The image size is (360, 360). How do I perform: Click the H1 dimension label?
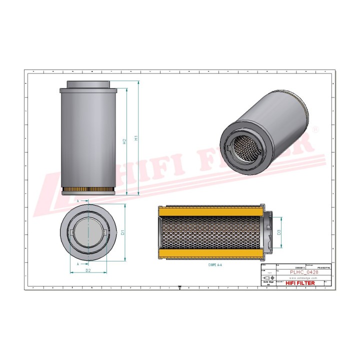tap(135, 138)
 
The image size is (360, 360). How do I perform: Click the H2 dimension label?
tap(124, 141)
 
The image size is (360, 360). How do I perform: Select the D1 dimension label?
tap(122, 232)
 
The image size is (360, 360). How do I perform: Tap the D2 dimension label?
tap(87, 270)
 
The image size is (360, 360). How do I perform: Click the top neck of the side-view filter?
tap(87, 85)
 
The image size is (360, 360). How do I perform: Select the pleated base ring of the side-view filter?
tap(87, 192)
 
